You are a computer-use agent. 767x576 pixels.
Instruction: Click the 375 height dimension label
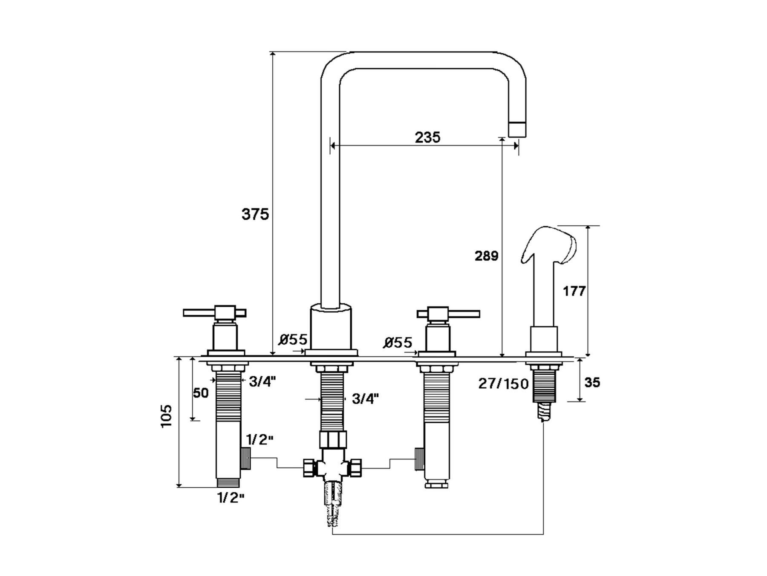click(255, 214)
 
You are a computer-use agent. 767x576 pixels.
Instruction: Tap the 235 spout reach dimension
click(427, 137)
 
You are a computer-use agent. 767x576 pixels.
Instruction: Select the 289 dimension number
click(486, 256)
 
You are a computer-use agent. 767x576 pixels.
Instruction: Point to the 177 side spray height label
click(574, 291)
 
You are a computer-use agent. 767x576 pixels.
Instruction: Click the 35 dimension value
click(592, 382)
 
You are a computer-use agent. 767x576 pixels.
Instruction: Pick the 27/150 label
click(503, 384)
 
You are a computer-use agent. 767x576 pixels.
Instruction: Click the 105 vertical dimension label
click(167, 416)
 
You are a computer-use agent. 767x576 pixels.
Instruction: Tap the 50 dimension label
click(201, 393)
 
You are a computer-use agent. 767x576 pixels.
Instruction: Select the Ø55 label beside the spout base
click(293, 340)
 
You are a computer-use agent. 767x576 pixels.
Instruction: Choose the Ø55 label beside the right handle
click(398, 343)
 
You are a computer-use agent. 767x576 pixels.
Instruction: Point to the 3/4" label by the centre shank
click(365, 399)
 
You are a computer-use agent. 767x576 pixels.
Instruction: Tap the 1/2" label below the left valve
click(231, 497)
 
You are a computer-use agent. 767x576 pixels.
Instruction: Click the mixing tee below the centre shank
click(332, 468)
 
